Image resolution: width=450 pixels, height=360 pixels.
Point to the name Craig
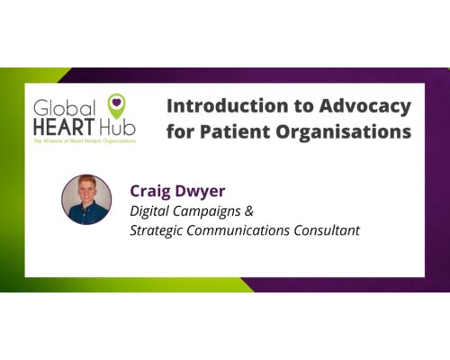click(155, 190)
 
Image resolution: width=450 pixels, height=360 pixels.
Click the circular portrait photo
click(86, 200)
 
